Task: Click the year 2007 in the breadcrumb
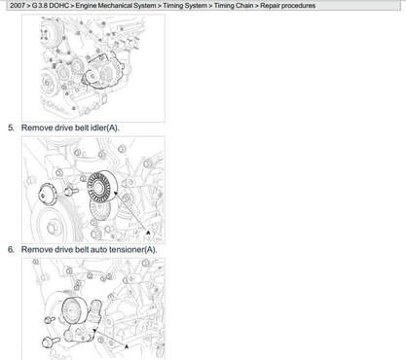pos(17,6)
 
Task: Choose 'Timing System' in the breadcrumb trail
pos(185,6)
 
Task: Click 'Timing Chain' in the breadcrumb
pos(234,6)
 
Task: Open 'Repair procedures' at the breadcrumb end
pos(287,6)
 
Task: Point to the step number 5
pos(11,127)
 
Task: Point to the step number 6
pos(11,249)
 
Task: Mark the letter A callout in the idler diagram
pos(148,233)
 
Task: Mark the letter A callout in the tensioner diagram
pos(127,346)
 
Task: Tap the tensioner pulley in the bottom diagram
pos(73,310)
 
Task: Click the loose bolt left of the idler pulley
pos(69,191)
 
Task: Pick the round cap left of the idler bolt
pos(48,195)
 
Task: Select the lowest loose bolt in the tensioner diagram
pos(51,342)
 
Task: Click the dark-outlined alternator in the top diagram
pos(104,72)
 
